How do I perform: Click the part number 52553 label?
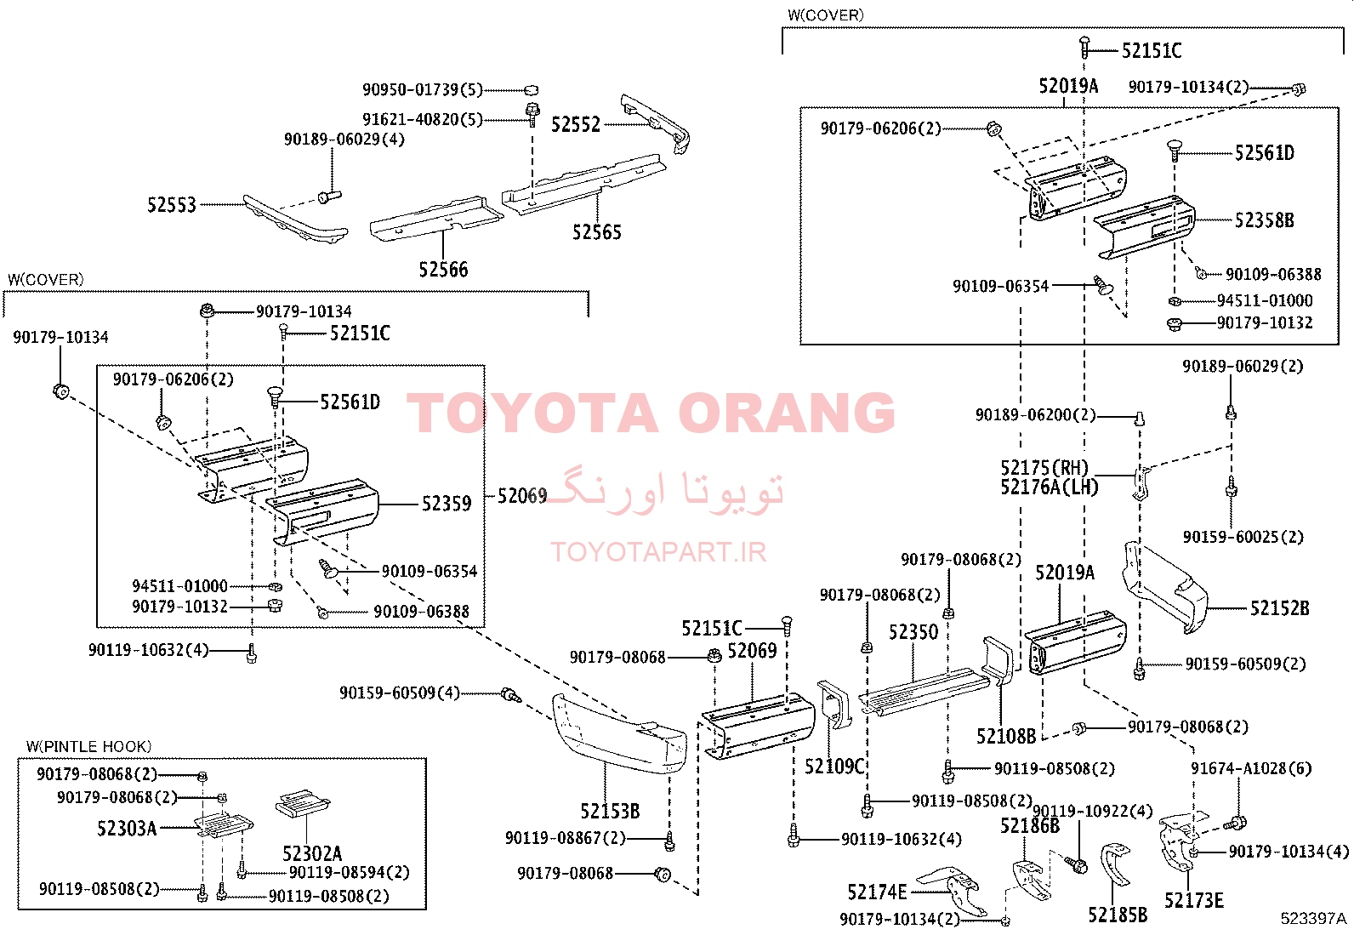tap(172, 205)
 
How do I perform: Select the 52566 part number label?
tap(443, 269)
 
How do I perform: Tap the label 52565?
tap(596, 231)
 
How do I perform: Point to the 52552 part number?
tap(576, 124)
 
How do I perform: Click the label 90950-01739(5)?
tap(423, 90)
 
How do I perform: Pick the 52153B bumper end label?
tap(610, 811)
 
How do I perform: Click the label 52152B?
tap(1280, 607)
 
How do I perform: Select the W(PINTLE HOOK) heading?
tap(88, 746)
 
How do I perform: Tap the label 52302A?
tap(312, 853)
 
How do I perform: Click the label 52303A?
tap(127, 828)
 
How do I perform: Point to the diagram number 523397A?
tap(1313, 918)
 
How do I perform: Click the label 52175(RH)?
tap(1044, 468)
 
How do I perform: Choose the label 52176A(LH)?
tap(1050, 487)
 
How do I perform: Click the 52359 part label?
tap(447, 504)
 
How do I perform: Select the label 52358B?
tap(1264, 220)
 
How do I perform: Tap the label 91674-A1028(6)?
tap(1251, 769)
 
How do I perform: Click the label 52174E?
tap(877, 892)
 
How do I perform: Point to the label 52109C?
tap(834, 767)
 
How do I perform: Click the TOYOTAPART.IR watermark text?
tap(658, 551)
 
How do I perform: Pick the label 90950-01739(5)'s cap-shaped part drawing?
tap(531, 90)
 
